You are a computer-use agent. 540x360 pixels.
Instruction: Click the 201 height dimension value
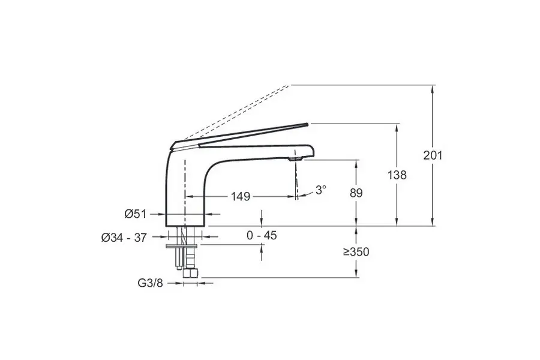point(433,155)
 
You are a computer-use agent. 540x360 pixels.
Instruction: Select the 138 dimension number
point(397,175)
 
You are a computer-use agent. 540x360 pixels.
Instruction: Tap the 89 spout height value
point(356,193)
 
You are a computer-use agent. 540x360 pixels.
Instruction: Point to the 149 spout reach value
point(241,197)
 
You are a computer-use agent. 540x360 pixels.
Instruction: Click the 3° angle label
point(320,190)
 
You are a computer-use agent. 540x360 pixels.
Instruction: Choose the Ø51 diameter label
point(136,214)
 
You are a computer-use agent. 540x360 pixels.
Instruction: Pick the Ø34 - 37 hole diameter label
point(124,238)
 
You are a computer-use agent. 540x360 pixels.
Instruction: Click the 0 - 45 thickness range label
point(262,235)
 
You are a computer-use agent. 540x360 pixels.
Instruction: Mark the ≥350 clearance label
point(356,252)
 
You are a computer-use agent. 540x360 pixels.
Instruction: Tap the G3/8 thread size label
point(150,283)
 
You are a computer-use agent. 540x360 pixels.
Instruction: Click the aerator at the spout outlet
point(295,159)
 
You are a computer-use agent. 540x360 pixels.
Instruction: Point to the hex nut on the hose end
point(190,274)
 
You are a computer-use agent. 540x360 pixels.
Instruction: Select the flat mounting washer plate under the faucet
point(181,246)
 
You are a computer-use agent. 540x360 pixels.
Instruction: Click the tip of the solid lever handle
point(306,124)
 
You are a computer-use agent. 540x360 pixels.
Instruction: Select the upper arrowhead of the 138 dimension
point(397,127)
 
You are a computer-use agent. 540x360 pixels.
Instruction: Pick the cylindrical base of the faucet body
point(187,214)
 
